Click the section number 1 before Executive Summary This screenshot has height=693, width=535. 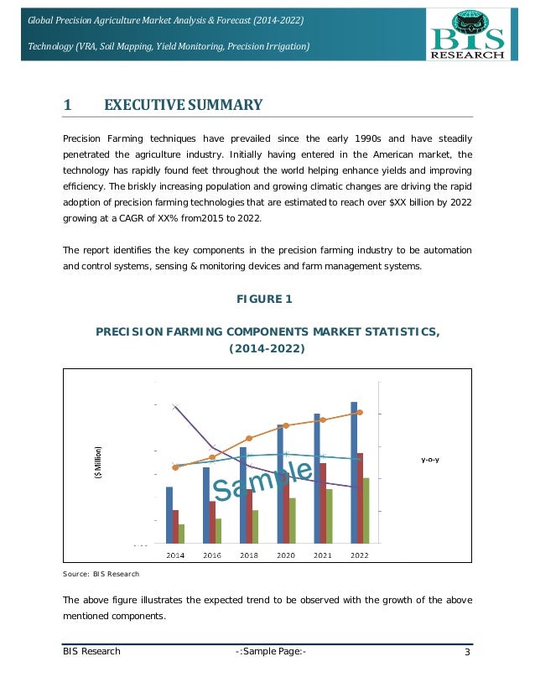67,105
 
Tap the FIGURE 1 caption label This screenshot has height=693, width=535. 268,300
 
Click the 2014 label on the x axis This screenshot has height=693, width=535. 175,555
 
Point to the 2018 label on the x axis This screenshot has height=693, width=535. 249,555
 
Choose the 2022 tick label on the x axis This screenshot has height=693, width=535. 360,555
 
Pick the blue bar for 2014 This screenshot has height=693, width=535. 169,514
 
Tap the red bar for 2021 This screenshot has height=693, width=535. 322,502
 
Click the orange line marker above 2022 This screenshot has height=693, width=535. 360,413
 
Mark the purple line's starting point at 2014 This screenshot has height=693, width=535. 174,407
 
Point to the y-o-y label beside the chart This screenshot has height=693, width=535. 430,460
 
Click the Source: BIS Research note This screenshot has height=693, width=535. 101,574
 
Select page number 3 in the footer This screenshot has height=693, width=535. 467,652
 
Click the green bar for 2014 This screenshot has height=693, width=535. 181,533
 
